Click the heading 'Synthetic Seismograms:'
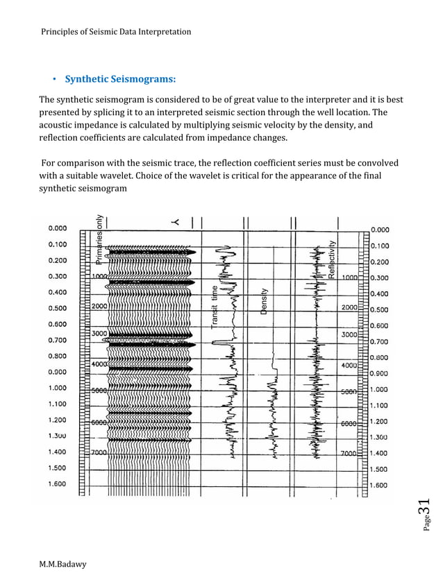120,78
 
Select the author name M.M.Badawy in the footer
62,564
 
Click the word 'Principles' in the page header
60,32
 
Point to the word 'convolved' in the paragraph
376,163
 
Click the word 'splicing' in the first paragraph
127,112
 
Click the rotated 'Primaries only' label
100,237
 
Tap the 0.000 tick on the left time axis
58,228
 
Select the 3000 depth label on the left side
99,334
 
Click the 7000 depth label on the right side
349,453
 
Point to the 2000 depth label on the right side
349,307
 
